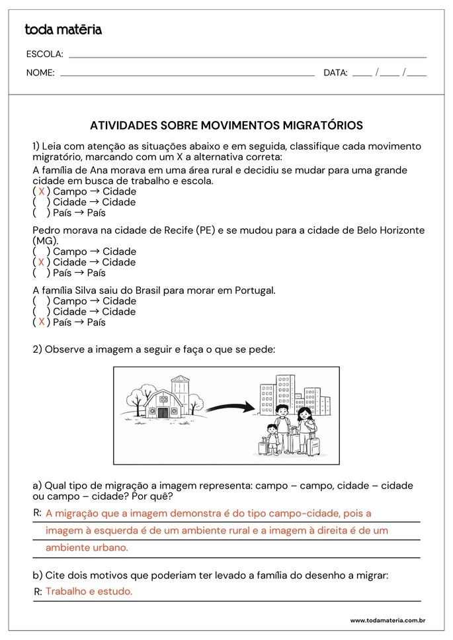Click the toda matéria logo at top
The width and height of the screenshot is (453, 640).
[x=63, y=30]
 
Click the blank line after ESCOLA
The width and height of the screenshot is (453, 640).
[x=247, y=57]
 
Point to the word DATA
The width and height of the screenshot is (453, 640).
[x=335, y=73]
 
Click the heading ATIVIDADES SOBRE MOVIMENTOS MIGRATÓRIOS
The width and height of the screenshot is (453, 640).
[x=226, y=125]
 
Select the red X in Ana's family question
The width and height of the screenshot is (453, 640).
[x=42, y=191]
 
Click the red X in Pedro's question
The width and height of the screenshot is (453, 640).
[x=42, y=262]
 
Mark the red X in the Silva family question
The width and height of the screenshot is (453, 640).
[x=42, y=322]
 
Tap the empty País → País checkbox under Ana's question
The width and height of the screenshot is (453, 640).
[x=42, y=213]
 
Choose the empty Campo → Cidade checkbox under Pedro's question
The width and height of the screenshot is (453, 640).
[x=42, y=251]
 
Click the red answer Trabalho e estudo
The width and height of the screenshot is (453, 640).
[x=89, y=592]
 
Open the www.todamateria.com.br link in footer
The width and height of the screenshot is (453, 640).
[x=387, y=621]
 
